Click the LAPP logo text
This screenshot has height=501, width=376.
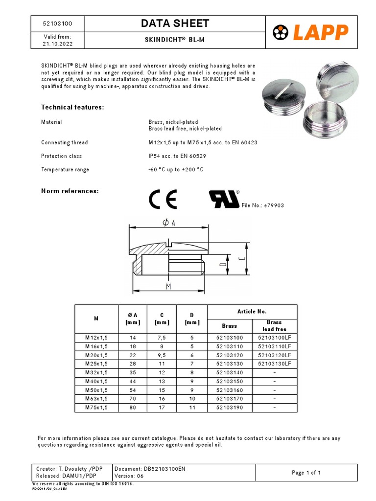click(x=321, y=32)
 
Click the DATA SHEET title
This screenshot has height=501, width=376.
click(x=175, y=23)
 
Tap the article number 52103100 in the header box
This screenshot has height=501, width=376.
click(x=57, y=23)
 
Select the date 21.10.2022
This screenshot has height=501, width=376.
click(x=57, y=44)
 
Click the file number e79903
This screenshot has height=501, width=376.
click(x=263, y=205)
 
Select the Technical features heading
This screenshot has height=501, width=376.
click(x=72, y=107)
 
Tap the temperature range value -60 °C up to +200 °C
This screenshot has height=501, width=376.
click(x=175, y=170)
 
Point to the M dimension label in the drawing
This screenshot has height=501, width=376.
click(x=168, y=286)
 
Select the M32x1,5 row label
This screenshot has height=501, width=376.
click(x=96, y=372)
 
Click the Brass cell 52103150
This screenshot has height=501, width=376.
click(x=229, y=381)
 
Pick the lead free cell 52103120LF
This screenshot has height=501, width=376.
click(x=274, y=355)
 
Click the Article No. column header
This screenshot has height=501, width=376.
click(x=252, y=311)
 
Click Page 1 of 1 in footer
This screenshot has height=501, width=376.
click(x=306, y=473)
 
